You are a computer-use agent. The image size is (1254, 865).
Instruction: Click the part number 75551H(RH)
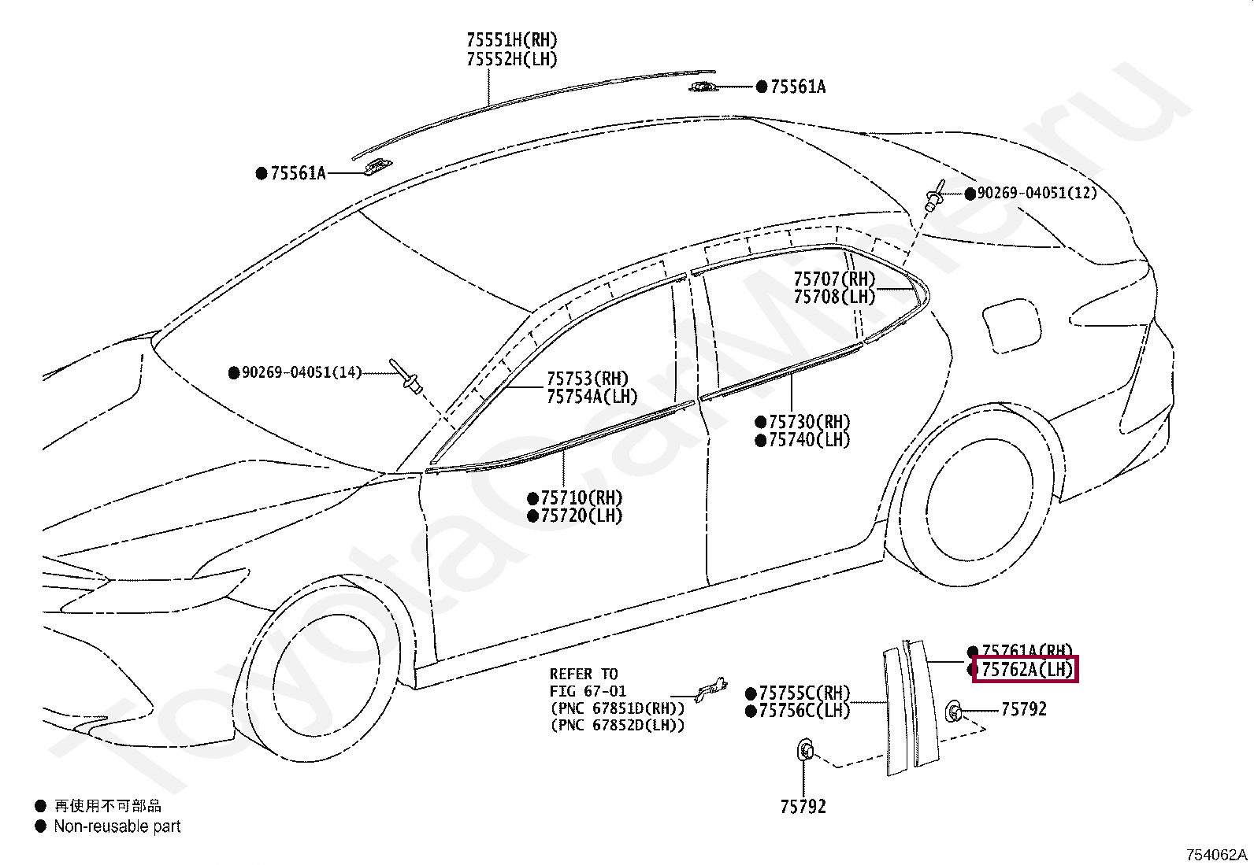click(512, 40)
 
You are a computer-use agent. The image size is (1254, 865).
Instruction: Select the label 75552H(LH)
click(512, 59)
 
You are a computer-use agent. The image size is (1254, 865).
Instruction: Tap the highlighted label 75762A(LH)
click(1026, 670)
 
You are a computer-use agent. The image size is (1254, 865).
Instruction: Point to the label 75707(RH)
click(834, 279)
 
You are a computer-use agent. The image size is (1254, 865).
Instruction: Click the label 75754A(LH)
click(592, 397)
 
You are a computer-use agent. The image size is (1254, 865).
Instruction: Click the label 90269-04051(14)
click(302, 372)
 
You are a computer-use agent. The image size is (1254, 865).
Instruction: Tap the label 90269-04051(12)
click(1037, 193)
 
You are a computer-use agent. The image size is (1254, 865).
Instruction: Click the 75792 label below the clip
click(803, 807)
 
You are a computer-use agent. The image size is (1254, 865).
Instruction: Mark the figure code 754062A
click(1218, 854)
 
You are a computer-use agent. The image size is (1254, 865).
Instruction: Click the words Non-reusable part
click(117, 826)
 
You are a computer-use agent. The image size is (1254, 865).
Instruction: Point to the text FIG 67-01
click(588, 691)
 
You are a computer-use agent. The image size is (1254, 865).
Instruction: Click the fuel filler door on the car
click(1011, 324)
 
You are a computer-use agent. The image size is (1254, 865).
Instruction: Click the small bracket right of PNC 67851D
click(710, 690)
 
